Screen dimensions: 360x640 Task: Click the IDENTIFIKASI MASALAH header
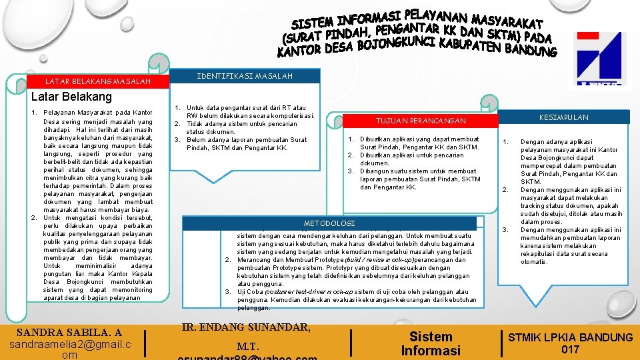tap(245, 76)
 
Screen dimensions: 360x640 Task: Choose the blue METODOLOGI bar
tap(329, 223)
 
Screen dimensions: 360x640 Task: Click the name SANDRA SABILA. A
tap(69, 332)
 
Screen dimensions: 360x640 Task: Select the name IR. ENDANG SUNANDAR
tap(246, 327)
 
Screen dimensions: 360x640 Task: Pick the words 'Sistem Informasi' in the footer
tap(430, 343)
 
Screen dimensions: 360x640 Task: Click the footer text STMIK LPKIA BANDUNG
tap(570, 337)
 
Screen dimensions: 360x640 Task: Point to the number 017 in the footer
tap(570, 349)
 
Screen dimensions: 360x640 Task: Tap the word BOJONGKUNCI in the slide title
tap(395, 44)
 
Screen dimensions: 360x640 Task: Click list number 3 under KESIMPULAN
tap(506, 230)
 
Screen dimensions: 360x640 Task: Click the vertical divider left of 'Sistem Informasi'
tap(352, 341)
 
